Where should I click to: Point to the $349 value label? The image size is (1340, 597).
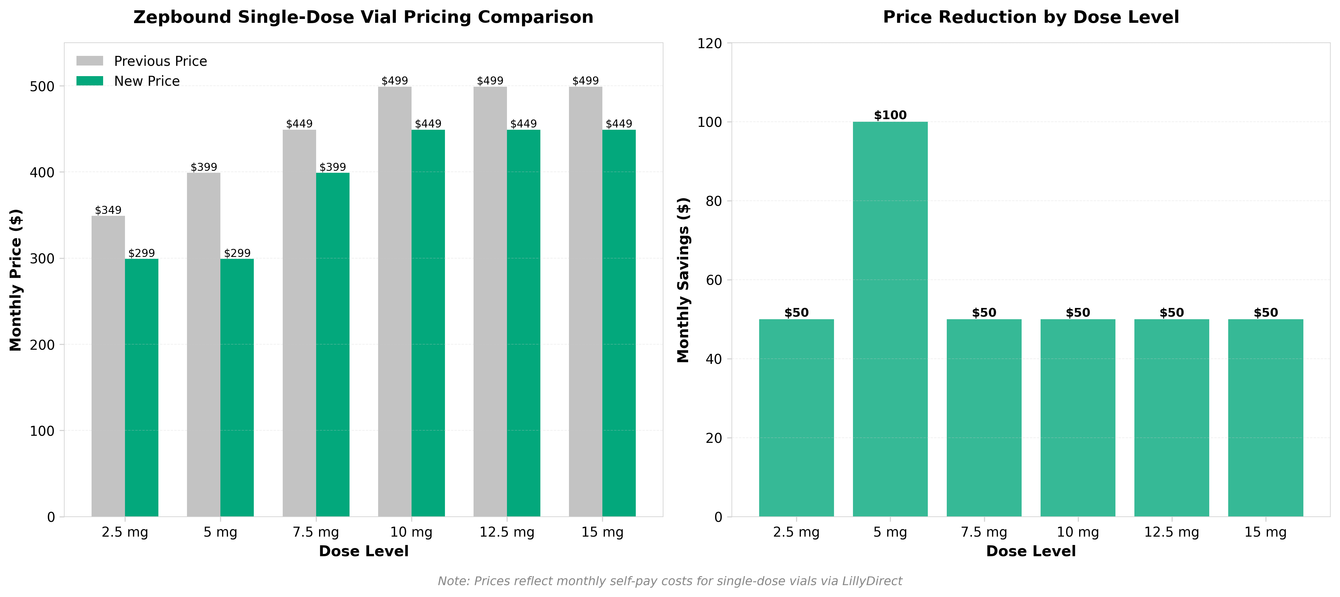pyautogui.click(x=108, y=210)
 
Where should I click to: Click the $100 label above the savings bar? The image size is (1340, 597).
pyautogui.click(x=890, y=115)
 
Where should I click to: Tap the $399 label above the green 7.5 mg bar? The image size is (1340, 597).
pyautogui.click(x=333, y=167)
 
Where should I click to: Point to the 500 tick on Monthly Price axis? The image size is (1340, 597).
pyautogui.click(x=42, y=86)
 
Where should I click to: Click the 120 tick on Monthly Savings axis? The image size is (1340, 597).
pyautogui.click(x=710, y=43)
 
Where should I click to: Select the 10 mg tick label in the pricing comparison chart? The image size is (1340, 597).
pyautogui.click(x=411, y=532)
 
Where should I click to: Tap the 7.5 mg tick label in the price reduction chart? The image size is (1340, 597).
pyautogui.click(x=984, y=532)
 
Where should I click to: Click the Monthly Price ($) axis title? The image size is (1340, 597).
pyautogui.click(x=16, y=280)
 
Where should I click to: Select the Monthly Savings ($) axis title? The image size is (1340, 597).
pyautogui.click(x=683, y=280)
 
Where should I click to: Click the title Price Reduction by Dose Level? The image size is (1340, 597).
pyautogui.click(x=1031, y=17)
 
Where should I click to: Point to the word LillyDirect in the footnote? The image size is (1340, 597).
pyautogui.click(x=872, y=581)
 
